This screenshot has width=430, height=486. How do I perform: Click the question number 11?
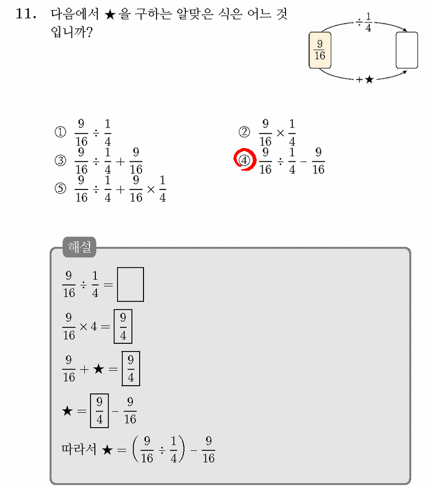point(26,14)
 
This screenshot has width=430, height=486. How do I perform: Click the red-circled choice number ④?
point(244,160)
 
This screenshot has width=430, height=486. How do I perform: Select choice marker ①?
point(60,132)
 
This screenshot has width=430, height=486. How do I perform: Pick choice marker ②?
point(244,132)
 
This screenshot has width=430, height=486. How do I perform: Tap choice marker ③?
point(60,161)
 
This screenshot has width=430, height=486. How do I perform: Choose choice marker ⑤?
point(60,188)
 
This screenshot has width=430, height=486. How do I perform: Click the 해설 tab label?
point(80,247)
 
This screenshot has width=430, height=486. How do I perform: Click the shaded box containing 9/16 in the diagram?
point(320,50)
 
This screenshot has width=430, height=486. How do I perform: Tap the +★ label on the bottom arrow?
point(365,80)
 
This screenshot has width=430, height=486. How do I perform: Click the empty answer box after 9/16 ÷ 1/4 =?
point(130,284)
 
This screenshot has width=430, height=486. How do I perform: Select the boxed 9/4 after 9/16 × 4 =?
point(123,326)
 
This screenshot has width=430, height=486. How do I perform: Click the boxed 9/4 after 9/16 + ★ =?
point(131,369)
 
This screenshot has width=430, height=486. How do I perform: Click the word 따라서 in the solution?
point(79,449)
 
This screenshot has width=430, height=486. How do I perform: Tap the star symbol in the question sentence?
point(109,15)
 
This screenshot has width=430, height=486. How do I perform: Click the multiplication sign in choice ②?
point(280,133)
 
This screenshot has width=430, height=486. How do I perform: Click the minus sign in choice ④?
point(304,161)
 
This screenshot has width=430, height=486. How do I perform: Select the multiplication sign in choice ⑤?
point(151,189)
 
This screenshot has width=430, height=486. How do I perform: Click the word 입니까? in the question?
point(72,32)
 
